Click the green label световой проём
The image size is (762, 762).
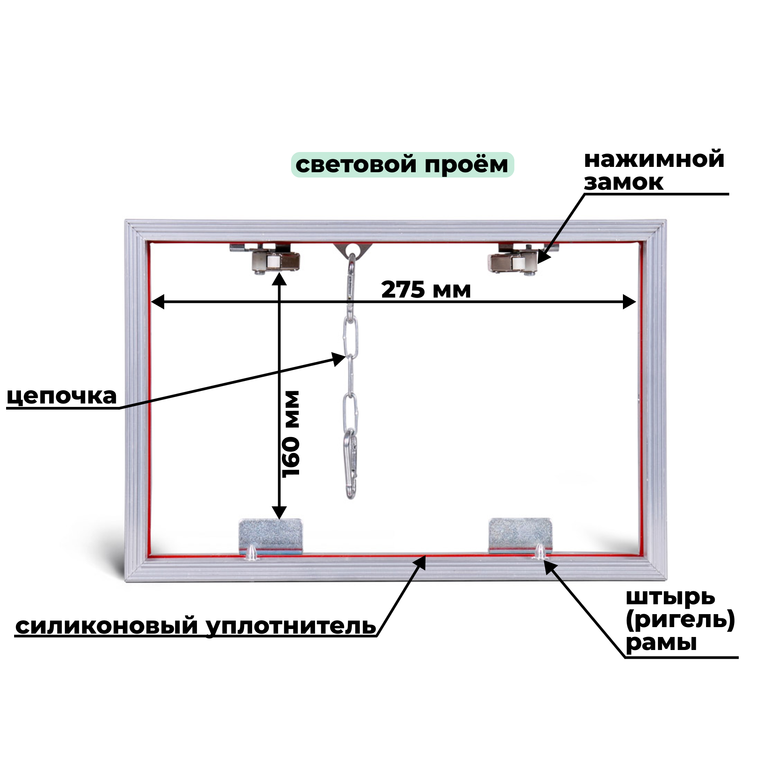click(x=402, y=165)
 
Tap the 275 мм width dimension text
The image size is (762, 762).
click(x=426, y=290)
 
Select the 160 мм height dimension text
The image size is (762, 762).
click(x=292, y=434)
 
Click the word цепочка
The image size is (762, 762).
click(x=62, y=396)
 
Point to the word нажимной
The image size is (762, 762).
click(x=654, y=160)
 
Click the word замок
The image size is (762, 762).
click(x=624, y=182)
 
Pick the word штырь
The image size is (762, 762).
click(x=671, y=597)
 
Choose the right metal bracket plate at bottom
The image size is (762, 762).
click(x=519, y=533)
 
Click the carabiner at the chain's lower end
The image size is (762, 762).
click(x=351, y=463)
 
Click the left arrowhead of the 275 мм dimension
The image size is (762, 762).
click(x=158, y=303)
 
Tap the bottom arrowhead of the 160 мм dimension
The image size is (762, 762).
click(x=279, y=513)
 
